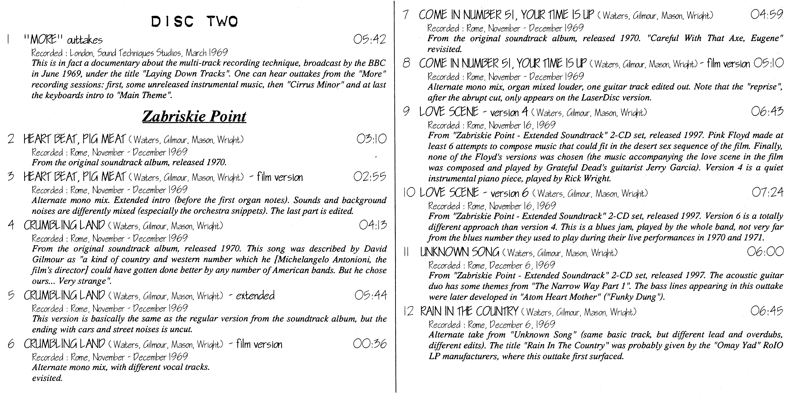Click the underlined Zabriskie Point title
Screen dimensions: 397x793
coord(194,117)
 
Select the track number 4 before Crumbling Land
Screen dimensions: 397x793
coord(11,225)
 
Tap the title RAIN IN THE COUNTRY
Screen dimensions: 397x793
coord(469,312)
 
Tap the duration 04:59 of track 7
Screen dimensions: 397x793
coord(767,14)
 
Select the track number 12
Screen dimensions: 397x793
coord(408,312)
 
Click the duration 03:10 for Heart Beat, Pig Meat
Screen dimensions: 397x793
coord(371,139)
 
